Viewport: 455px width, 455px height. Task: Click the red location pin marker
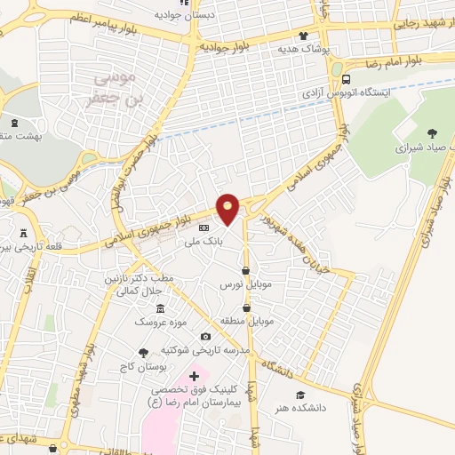[227, 208]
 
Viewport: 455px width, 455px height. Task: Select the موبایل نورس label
[243, 285]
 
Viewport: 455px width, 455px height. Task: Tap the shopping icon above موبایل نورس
[245, 270]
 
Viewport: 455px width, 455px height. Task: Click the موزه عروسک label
[155, 321]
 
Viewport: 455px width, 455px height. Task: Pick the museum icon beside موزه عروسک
[160, 307]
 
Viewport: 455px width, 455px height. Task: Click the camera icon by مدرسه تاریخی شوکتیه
[206, 337]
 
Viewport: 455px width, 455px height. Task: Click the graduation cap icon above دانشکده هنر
[299, 395]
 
